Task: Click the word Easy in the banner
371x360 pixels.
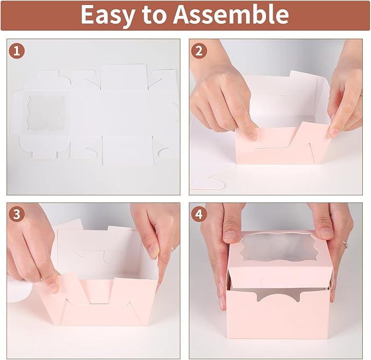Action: tap(109, 15)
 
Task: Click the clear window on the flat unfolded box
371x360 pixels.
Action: tap(46, 113)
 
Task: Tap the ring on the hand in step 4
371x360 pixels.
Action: tap(345, 242)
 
